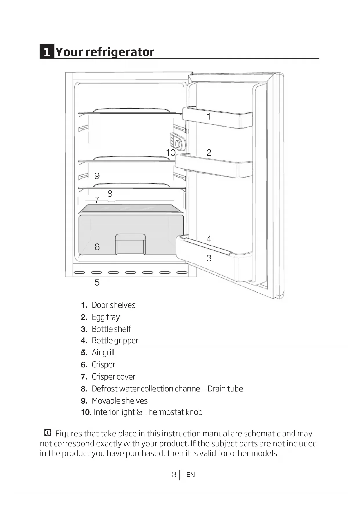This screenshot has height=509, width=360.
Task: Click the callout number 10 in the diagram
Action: (x=171, y=153)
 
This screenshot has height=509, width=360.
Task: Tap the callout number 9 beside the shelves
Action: (x=97, y=176)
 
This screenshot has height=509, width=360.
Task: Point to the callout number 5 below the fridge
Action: (x=97, y=282)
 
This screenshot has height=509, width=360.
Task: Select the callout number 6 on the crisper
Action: (x=97, y=247)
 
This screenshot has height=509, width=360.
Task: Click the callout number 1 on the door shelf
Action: (x=209, y=117)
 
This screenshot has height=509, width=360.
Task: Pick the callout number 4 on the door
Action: (x=209, y=239)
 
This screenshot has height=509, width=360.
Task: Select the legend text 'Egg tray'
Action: (x=106, y=317)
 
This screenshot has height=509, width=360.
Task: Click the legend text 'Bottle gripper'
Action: (x=115, y=340)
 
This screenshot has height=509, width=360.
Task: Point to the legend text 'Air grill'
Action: (x=103, y=353)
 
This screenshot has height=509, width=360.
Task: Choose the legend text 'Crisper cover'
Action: (x=113, y=377)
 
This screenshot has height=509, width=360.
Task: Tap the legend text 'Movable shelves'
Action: (x=120, y=401)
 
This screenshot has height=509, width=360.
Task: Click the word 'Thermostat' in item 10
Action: (x=164, y=412)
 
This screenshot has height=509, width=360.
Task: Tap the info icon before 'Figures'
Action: (x=48, y=433)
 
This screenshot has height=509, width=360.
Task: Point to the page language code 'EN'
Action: (x=191, y=475)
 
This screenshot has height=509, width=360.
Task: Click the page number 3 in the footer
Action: (x=174, y=474)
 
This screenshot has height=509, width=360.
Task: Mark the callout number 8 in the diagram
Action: (x=110, y=194)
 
